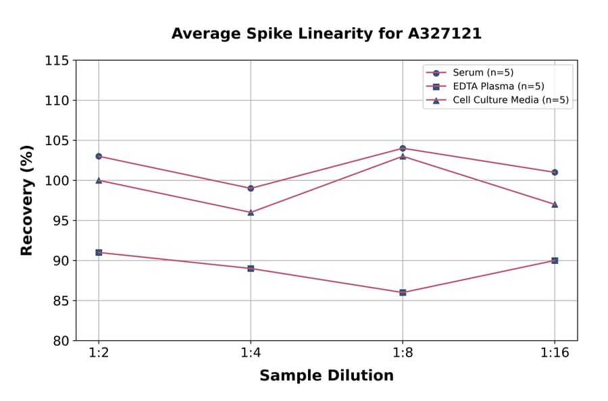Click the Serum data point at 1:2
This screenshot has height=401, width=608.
click(x=99, y=156)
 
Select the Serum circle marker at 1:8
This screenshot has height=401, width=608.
click(x=403, y=148)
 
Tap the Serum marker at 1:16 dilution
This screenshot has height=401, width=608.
click(x=555, y=172)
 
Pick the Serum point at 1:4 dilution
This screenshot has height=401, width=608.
click(x=251, y=188)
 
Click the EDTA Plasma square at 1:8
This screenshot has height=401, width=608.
click(x=403, y=292)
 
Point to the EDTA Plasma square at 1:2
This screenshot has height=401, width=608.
click(x=99, y=252)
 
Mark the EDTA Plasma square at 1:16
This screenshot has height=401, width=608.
click(x=555, y=261)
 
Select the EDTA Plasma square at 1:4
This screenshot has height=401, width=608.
click(x=251, y=269)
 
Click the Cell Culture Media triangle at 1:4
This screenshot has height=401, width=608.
click(x=251, y=212)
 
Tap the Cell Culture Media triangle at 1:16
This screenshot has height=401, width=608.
click(x=555, y=204)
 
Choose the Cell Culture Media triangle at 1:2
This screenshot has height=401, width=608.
click(x=99, y=180)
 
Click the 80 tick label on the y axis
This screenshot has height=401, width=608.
click(x=60, y=341)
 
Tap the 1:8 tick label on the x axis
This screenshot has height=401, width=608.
click(x=403, y=354)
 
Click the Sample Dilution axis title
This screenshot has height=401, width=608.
click(x=326, y=376)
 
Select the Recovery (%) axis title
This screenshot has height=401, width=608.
click(x=27, y=200)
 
